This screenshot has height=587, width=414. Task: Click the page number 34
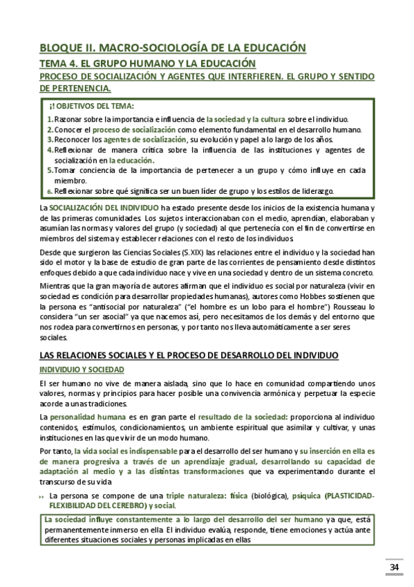pyautogui.click(x=395, y=568)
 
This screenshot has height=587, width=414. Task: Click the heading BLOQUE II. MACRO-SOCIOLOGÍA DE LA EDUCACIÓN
pyautogui.click(x=172, y=48)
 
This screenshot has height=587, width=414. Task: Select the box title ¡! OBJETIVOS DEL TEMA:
pyautogui.click(x=92, y=106)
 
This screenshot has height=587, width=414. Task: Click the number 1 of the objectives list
pyautogui.click(x=50, y=119)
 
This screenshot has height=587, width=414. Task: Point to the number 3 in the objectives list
pyautogui.click(x=50, y=139)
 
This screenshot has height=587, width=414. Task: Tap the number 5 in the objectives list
pyautogui.click(x=50, y=170)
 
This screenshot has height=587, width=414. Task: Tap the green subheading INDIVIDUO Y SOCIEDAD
pyautogui.click(x=82, y=370)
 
